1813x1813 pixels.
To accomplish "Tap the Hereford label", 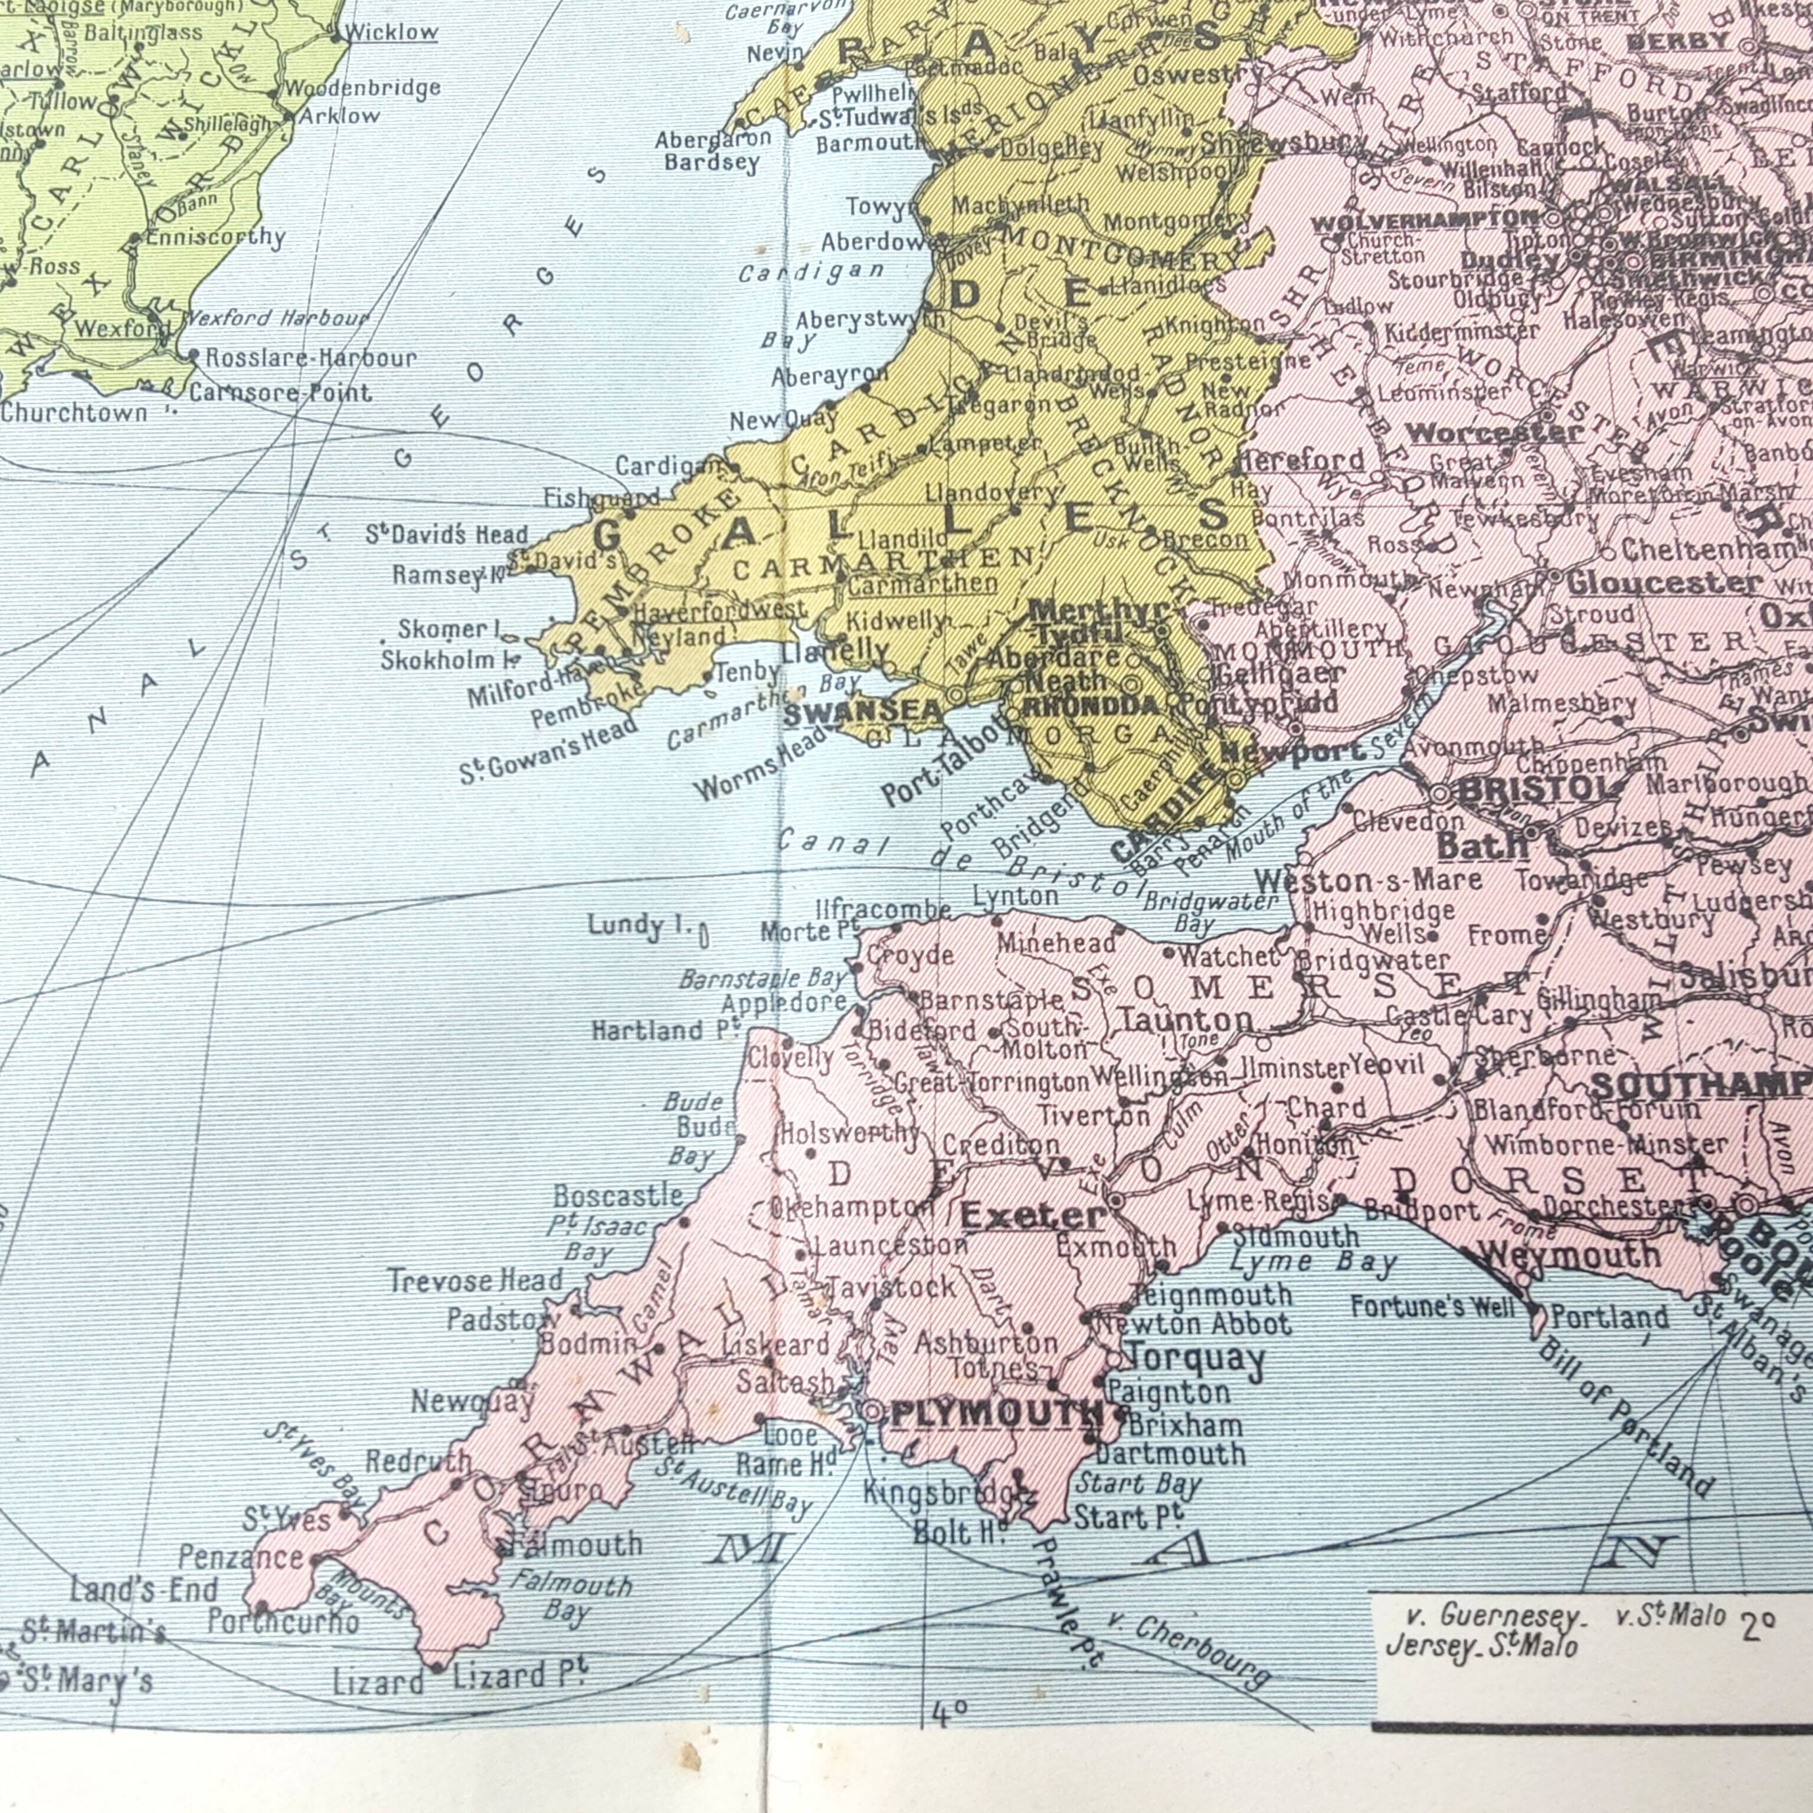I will pos(1301,461).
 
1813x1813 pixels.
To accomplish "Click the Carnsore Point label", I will pos(280,392).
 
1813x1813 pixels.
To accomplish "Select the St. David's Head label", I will pos(447,536).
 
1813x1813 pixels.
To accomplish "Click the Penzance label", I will pos(241,1558).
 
